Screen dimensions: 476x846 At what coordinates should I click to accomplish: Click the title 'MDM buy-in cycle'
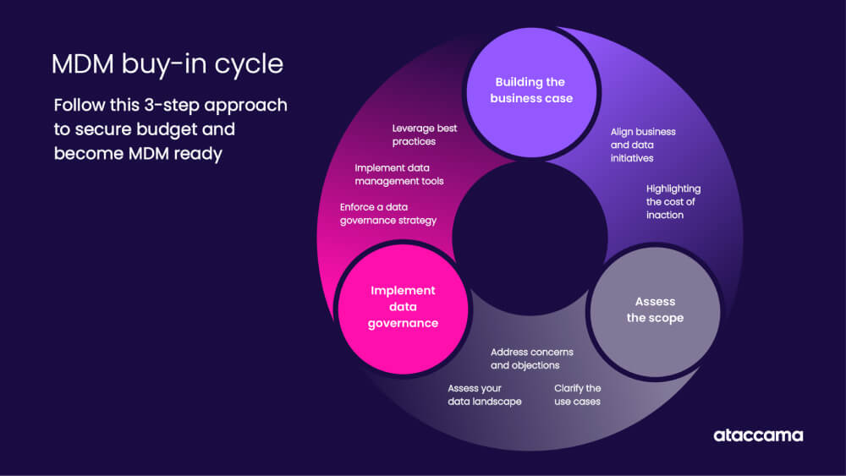click(x=167, y=64)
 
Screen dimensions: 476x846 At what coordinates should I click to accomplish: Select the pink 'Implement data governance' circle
click(x=403, y=306)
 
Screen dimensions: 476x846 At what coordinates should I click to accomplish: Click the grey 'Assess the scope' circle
click(x=655, y=309)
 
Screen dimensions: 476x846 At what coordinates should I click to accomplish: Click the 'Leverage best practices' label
click(x=425, y=134)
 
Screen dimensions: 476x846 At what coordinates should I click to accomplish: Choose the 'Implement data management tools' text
click(x=398, y=174)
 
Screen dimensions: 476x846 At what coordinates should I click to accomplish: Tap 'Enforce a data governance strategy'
click(x=387, y=213)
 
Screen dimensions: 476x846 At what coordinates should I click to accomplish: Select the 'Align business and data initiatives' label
click(x=643, y=145)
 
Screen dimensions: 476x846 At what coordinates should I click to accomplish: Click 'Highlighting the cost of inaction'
click(x=673, y=201)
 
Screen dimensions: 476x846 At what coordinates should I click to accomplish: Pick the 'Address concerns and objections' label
click(x=531, y=358)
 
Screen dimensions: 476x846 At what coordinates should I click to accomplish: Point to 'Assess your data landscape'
click(x=484, y=395)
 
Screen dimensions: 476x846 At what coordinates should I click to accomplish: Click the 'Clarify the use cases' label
click(x=577, y=395)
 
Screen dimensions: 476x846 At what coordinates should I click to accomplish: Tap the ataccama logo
click(x=757, y=435)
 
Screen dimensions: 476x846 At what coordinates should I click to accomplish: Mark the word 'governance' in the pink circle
click(x=403, y=323)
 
